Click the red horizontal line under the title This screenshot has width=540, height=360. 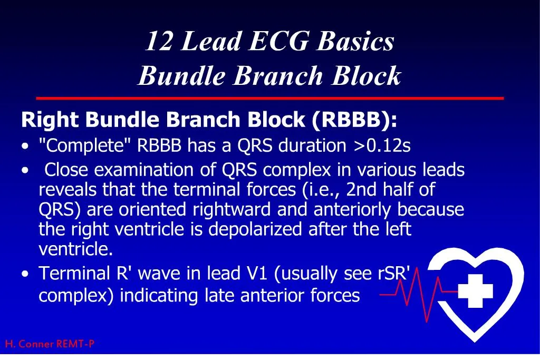click(269, 98)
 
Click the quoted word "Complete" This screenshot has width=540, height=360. click(85, 145)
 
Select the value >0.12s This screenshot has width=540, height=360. click(382, 145)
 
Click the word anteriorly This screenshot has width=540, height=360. click(353, 209)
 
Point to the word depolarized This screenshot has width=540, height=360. click(251, 229)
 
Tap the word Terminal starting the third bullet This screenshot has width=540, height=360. click(74, 274)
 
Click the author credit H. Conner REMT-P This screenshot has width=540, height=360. click(50, 344)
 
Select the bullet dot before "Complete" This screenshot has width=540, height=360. click(26, 147)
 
